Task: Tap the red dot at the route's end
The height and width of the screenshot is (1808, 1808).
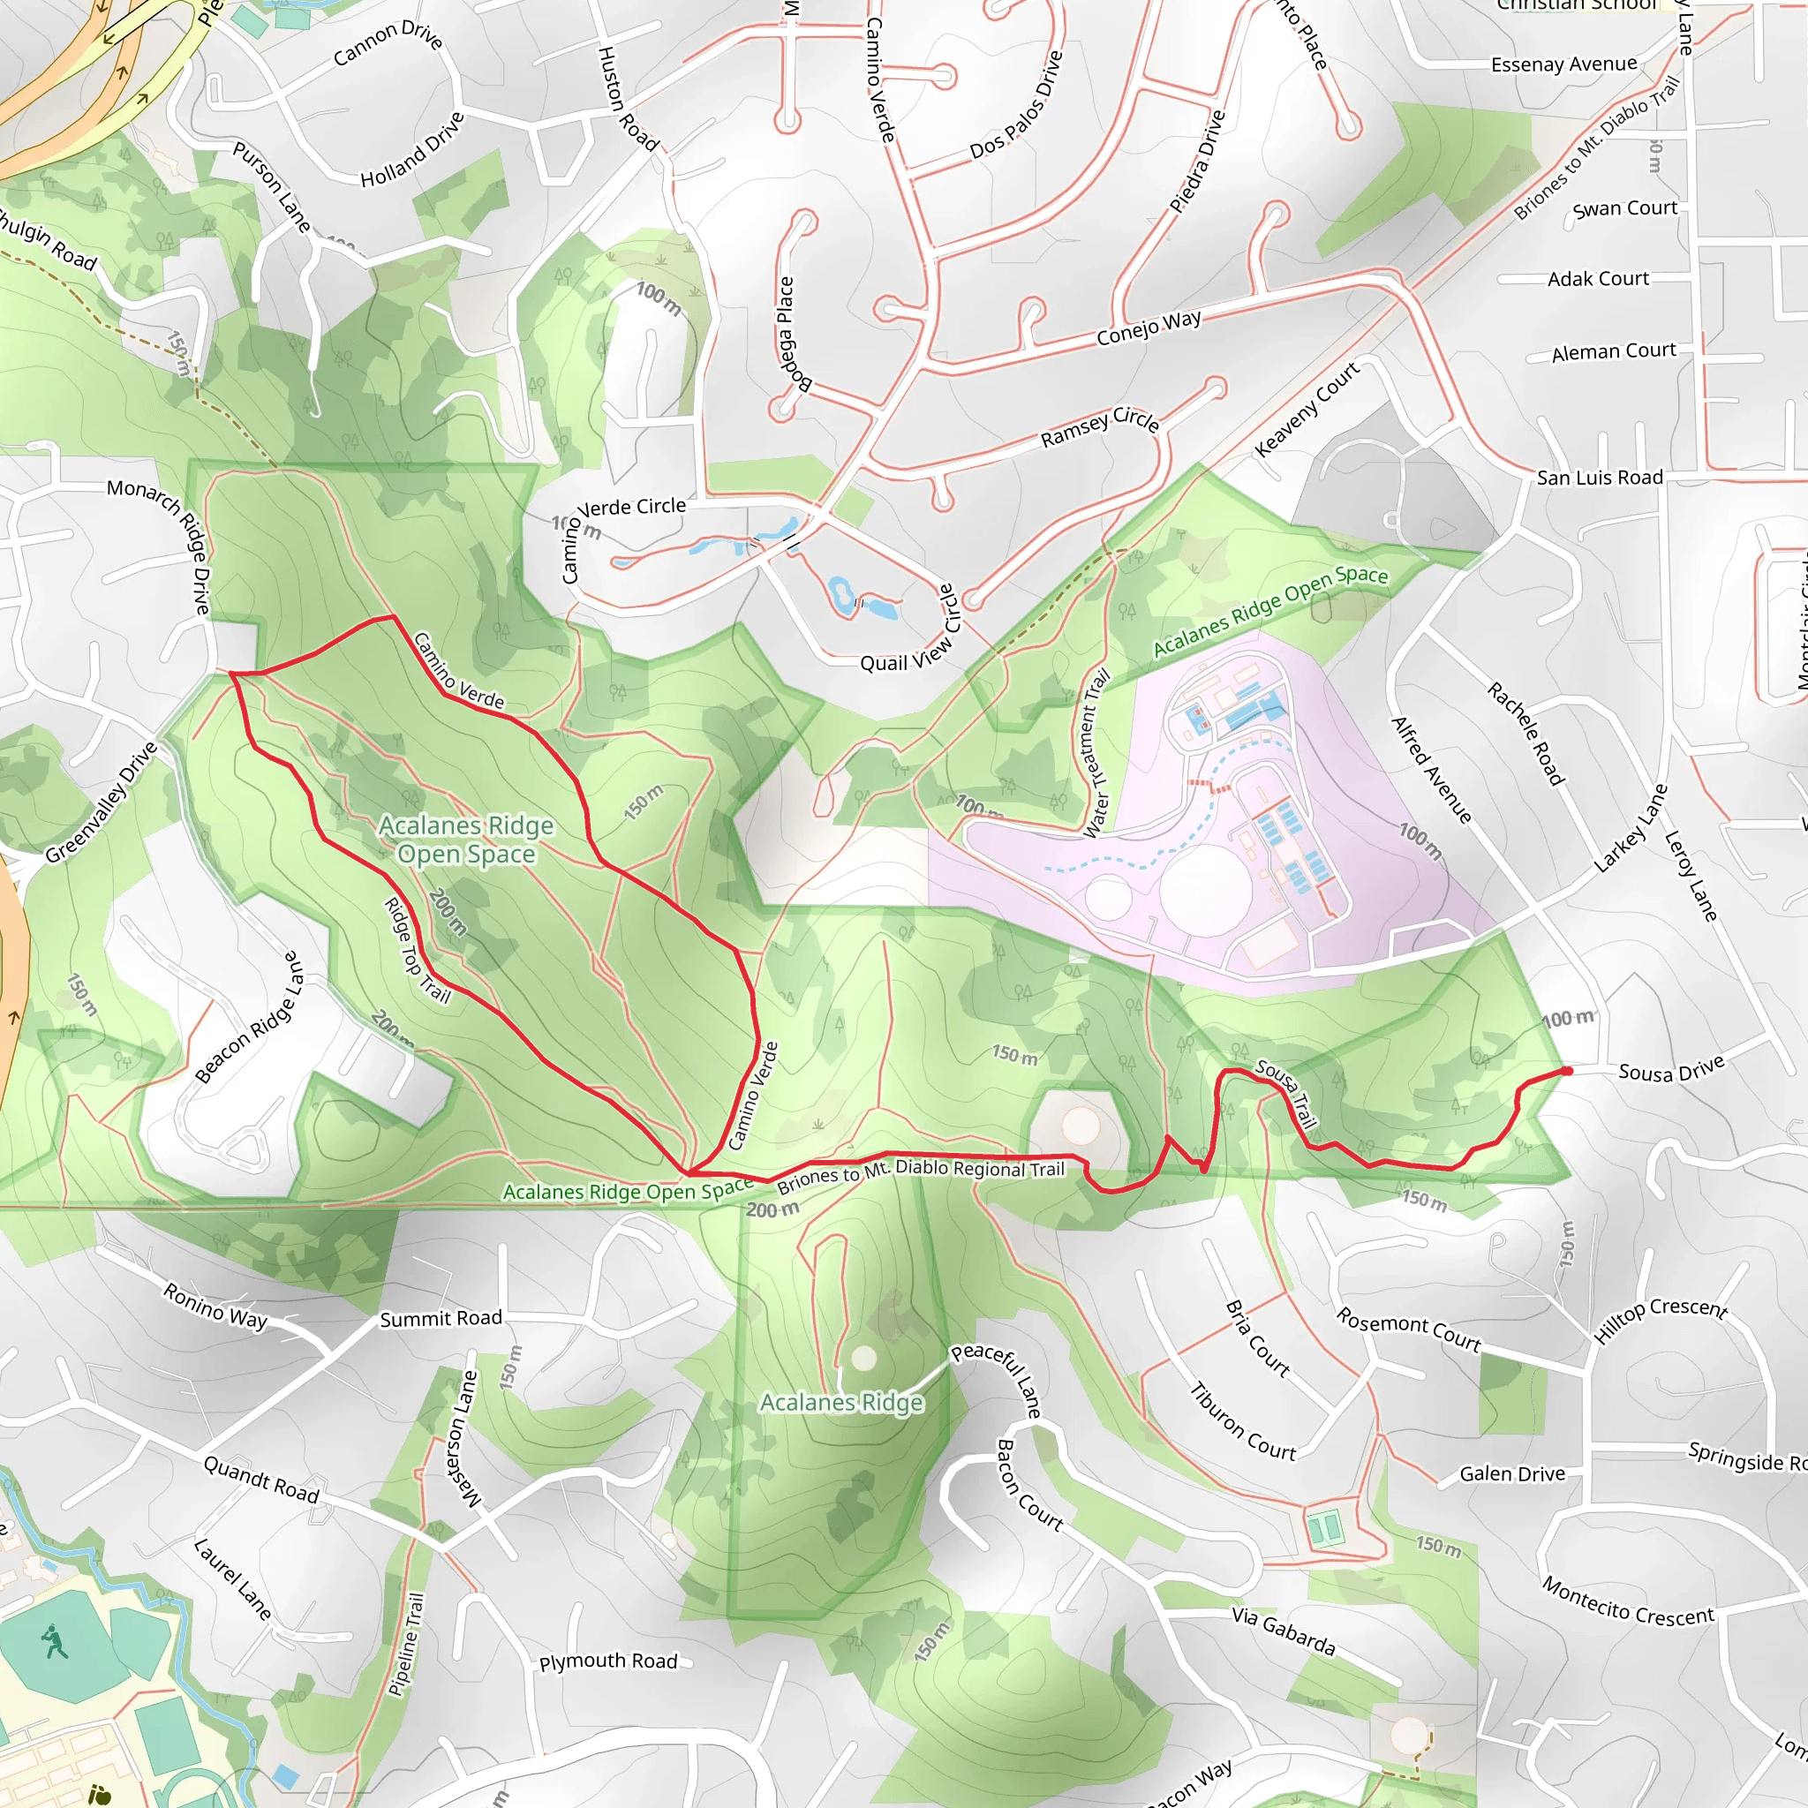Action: pos(1567,1071)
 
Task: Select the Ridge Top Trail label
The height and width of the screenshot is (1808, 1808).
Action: pos(417,950)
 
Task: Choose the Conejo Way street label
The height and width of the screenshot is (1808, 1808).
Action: pos(1149,327)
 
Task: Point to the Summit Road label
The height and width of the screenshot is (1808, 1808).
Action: pos(441,1319)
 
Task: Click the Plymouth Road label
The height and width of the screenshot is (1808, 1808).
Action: pos(608,1661)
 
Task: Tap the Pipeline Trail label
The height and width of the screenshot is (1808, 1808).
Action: pos(406,1644)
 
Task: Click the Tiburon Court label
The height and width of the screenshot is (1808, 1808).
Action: pos(1243,1421)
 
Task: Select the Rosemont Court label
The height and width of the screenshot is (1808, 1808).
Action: pos(1408,1330)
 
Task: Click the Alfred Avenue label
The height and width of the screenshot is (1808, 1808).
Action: pos(1431,770)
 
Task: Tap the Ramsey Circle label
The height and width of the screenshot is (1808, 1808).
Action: pos(1100,426)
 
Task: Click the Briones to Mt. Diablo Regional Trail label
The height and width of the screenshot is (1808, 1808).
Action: pos(921,1173)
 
